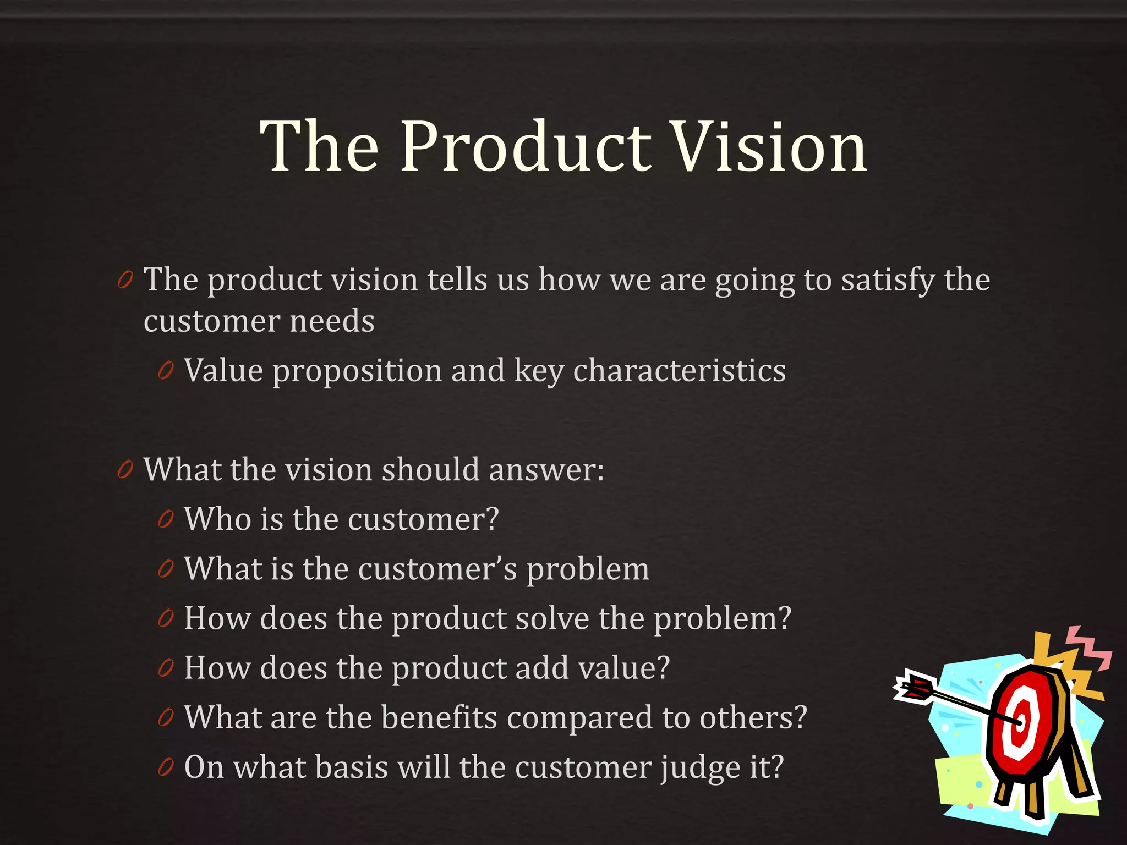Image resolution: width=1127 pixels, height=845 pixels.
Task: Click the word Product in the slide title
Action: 526,147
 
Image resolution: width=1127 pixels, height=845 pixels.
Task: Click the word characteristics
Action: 679,371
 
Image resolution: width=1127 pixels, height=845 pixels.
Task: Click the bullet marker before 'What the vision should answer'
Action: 125,470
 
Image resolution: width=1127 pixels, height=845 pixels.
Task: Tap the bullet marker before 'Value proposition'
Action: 165,371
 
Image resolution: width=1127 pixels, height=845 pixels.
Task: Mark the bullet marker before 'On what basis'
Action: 165,767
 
